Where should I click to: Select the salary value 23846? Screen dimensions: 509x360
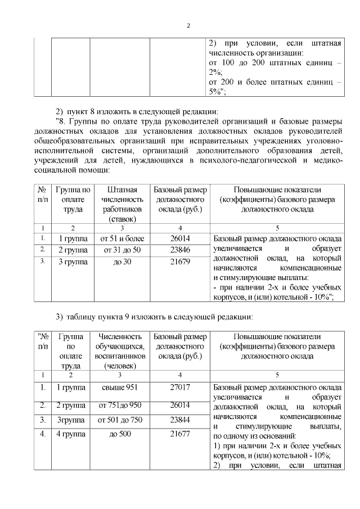tap(179, 250)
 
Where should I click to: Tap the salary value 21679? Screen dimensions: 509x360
tap(179, 262)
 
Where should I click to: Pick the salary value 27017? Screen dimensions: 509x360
tap(179, 387)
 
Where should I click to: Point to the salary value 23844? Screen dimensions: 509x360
tap(179, 420)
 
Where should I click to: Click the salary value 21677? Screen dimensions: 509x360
tap(179, 434)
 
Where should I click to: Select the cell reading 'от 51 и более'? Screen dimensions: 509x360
tap(122, 238)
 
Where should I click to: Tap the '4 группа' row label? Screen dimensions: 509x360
tap(71, 434)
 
